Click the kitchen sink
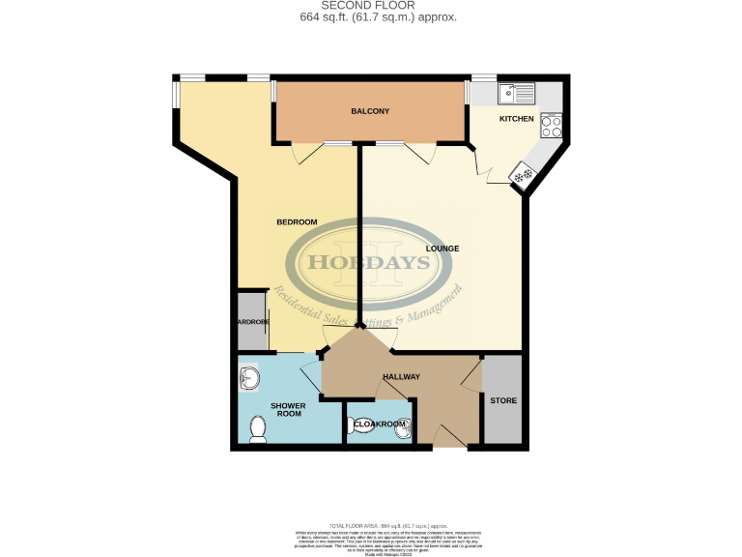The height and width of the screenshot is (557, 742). click(x=516, y=94)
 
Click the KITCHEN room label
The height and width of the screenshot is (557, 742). click(x=515, y=119)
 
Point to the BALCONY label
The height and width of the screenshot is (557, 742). click(x=369, y=112)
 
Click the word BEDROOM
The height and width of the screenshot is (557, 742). click(x=297, y=222)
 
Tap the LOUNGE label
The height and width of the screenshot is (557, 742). click(x=442, y=249)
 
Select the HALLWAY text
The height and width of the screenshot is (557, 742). click(x=400, y=376)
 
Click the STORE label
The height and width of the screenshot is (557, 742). click(x=502, y=401)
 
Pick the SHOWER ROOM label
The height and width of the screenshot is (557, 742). click(x=288, y=409)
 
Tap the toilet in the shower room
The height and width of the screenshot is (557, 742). click(x=258, y=429)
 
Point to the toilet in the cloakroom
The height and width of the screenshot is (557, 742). click(x=360, y=425)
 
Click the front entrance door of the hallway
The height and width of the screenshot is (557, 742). click(x=446, y=439)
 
